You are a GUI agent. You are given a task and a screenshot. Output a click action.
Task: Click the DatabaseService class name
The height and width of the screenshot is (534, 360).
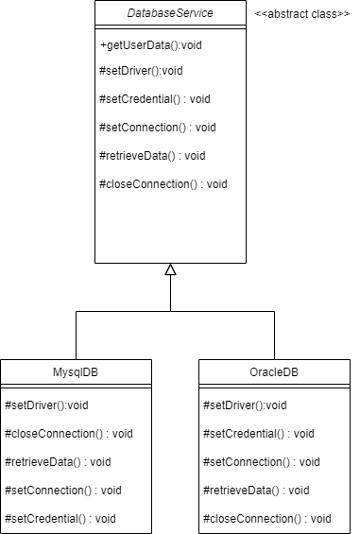[x=170, y=13]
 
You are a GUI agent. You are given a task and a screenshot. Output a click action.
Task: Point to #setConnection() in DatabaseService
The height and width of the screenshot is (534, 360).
[x=158, y=128]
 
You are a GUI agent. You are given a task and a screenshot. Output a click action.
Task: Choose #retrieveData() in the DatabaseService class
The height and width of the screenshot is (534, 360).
[x=152, y=156]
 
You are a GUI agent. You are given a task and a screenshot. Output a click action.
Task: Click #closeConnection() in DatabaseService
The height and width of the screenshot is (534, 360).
[x=163, y=184]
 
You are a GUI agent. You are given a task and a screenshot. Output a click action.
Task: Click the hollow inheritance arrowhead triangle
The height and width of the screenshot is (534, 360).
[x=170, y=270]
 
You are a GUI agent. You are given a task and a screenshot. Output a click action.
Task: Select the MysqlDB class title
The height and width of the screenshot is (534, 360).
[x=76, y=371]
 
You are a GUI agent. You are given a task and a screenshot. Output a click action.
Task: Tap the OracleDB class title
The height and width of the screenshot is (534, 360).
[x=274, y=371]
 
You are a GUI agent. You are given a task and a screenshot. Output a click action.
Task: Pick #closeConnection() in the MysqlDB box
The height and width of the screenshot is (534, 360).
[x=68, y=434]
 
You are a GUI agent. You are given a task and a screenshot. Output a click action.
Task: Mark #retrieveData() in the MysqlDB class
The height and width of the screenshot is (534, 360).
[x=58, y=462]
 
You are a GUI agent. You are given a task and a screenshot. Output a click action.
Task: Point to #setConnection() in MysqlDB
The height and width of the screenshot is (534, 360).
[x=63, y=491]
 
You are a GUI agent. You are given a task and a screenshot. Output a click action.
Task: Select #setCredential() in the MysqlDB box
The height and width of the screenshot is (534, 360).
[x=60, y=519]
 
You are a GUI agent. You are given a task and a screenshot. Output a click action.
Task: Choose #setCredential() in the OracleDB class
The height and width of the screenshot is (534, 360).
[x=258, y=434]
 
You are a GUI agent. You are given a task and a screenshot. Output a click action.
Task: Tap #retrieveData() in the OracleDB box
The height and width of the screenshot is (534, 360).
[x=256, y=491]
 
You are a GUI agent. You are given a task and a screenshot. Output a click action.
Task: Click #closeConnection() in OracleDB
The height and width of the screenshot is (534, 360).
[x=266, y=519]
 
